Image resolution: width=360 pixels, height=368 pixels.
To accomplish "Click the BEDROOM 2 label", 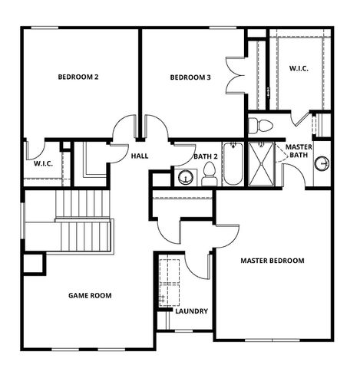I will (78, 77).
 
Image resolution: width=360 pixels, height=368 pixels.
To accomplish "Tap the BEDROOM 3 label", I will (190, 77).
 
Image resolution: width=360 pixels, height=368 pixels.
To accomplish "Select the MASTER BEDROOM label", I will (272, 261).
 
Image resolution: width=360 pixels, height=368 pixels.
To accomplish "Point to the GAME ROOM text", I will (90, 295).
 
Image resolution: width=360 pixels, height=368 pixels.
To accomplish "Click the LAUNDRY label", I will (191, 311).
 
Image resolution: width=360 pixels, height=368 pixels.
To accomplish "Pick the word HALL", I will (140, 156).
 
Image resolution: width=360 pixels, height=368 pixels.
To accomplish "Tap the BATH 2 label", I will (206, 156).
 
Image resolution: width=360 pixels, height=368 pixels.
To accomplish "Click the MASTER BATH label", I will (297, 151).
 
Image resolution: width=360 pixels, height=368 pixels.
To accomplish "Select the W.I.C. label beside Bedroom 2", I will (43, 163).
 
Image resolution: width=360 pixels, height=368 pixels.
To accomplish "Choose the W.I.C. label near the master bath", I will (300, 69).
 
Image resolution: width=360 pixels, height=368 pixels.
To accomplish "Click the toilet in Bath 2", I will (209, 177).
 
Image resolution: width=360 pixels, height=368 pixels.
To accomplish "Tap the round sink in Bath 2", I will (185, 177).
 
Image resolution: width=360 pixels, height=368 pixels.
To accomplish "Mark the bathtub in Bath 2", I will (232, 163).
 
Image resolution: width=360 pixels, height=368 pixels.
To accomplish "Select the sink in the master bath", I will (323, 163).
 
